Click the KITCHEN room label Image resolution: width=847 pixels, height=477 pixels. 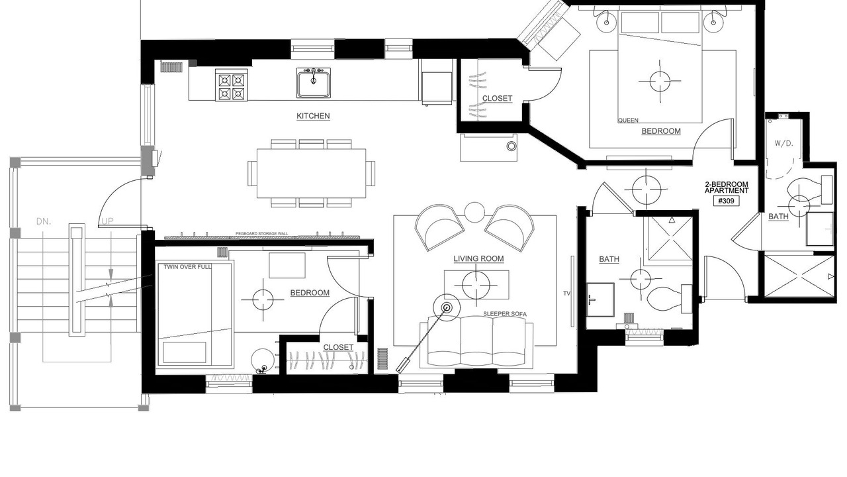(313, 116)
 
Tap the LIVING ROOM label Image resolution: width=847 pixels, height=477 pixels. (478, 258)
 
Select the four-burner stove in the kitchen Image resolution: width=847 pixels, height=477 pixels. (232, 85)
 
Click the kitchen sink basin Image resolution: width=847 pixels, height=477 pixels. (314, 83)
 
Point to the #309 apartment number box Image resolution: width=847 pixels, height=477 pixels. (727, 201)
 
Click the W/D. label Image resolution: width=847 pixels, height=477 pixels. (784, 144)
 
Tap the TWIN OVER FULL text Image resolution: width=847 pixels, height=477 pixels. (187, 267)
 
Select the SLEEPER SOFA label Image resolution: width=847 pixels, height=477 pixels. (505, 314)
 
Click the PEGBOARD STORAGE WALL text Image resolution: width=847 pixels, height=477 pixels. (261, 234)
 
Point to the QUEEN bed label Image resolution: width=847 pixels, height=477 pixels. (628, 121)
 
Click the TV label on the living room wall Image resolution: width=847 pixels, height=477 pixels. (566, 293)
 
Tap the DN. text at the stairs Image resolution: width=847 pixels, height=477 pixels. (44, 221)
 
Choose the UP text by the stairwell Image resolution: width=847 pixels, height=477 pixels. (108, 221)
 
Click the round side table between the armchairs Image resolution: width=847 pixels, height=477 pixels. (474, 212)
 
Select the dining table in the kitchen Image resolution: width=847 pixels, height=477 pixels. (311, 174)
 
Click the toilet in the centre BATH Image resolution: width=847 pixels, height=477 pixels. (669, 299)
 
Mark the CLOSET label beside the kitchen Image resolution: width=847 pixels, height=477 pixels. (497, 99)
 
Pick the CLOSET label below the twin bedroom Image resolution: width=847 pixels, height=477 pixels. (338, 347)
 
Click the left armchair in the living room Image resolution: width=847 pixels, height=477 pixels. (439, 227)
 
